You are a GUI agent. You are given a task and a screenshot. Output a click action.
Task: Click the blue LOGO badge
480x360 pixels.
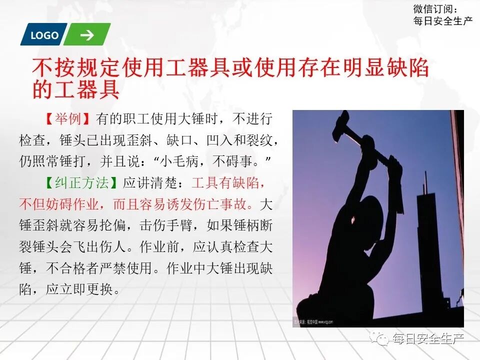pyautogui.click(x=43, y=35)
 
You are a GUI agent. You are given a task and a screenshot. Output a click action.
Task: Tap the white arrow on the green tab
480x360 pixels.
pyautogui.click(x=87, y=35)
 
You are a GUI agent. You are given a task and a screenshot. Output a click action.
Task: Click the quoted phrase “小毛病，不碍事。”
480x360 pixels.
pyautogui.click(x=212, y=162)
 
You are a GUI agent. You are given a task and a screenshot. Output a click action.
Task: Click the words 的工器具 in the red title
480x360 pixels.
pyautogui.click(x=75, y=90)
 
